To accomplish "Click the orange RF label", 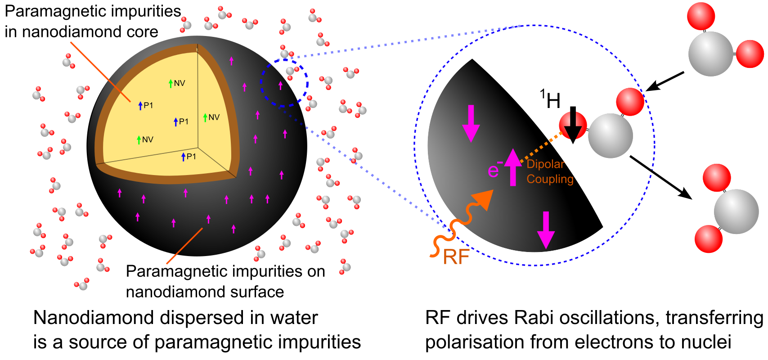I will (456, 257).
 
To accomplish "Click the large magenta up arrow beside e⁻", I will (513, 167).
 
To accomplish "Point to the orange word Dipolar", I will (545, 164).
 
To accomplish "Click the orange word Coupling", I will (550, 179).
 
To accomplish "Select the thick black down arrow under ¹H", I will (573, 125).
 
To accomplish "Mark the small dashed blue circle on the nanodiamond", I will (284, 83).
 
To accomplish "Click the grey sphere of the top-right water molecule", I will (710, 54).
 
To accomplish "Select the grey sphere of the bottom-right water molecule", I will (736, 211).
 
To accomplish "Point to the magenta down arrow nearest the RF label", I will (546, 230).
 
